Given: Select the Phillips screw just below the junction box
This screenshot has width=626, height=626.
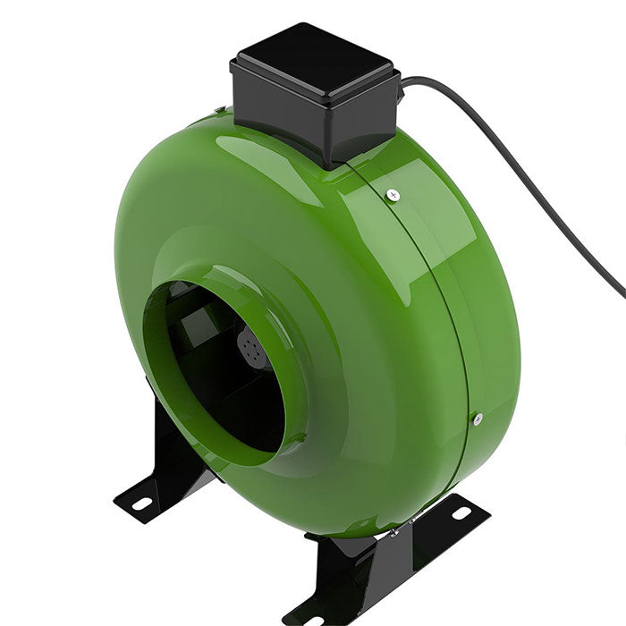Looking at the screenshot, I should (393, 194).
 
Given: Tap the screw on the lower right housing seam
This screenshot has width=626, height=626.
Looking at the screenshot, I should (478, 417).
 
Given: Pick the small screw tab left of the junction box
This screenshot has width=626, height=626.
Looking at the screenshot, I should (219, 111).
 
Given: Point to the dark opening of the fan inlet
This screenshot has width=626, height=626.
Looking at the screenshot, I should (224, 385).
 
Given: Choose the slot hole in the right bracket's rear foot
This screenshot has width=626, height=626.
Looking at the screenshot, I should (461, 513).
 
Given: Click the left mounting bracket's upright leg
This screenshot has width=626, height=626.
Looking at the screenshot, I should (174, 447).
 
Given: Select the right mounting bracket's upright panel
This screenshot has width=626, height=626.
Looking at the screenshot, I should (358, 572).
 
